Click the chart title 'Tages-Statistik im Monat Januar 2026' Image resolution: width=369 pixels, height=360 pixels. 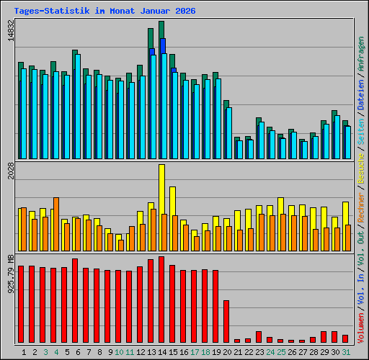point(105,12)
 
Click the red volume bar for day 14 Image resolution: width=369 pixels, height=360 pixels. point(161,300)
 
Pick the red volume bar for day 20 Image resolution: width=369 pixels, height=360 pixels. point(226,321)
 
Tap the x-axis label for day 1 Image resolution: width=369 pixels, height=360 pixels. point(25,352)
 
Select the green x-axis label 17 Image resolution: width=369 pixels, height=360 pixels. point(194,352)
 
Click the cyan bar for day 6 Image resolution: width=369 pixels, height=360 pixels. point(77,107)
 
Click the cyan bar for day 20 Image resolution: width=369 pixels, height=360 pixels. point(228,133)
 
